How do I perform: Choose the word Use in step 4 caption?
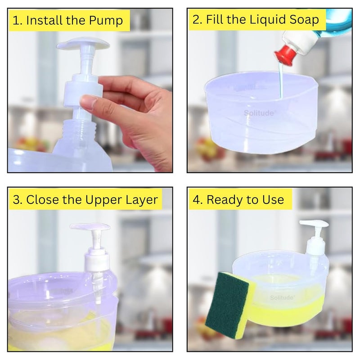(x=272, y=199)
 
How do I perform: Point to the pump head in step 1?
(x=84, y=44)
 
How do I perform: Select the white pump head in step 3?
(x=90, y=227)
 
